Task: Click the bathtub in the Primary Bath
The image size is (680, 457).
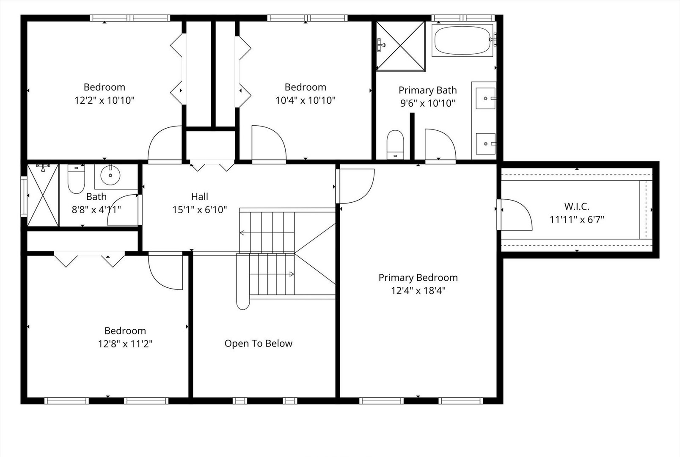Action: pos(463,40)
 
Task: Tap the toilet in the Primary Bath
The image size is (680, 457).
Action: pos(395,145)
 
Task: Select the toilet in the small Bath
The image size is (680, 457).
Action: pos(76,179)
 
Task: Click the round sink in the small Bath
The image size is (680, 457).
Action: pos(110,175)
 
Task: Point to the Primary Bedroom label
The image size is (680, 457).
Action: pos(418,278)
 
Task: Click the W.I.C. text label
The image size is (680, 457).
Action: pos(577,206)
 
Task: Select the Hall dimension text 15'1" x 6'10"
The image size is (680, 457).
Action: pos(200,209)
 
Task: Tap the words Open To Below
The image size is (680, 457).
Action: pos(259,344)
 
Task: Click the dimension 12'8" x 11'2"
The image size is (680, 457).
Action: pos(125,344)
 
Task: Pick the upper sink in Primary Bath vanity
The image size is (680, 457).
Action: pos(485,99)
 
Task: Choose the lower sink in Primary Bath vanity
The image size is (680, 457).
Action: pos(485,143)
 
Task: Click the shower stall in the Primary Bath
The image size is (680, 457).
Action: pos(401,46)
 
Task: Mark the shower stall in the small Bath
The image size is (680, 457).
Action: pos(43,195)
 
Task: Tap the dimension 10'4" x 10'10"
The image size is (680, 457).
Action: pos(306,100)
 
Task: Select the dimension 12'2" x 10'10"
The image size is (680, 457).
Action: pos(105,100)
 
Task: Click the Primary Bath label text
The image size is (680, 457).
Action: pos(428,90)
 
